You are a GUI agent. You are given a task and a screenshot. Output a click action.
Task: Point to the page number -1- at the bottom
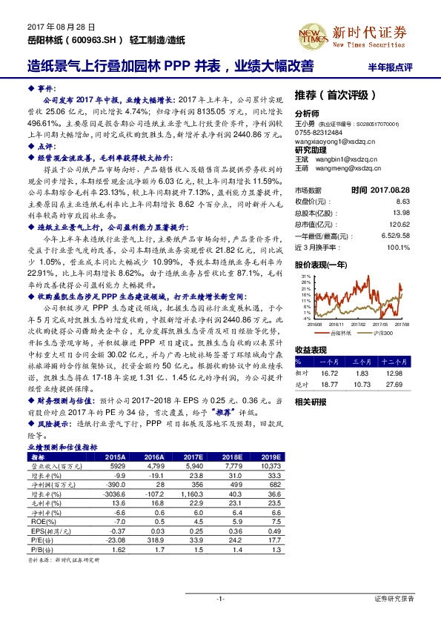tap(220, 597)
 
